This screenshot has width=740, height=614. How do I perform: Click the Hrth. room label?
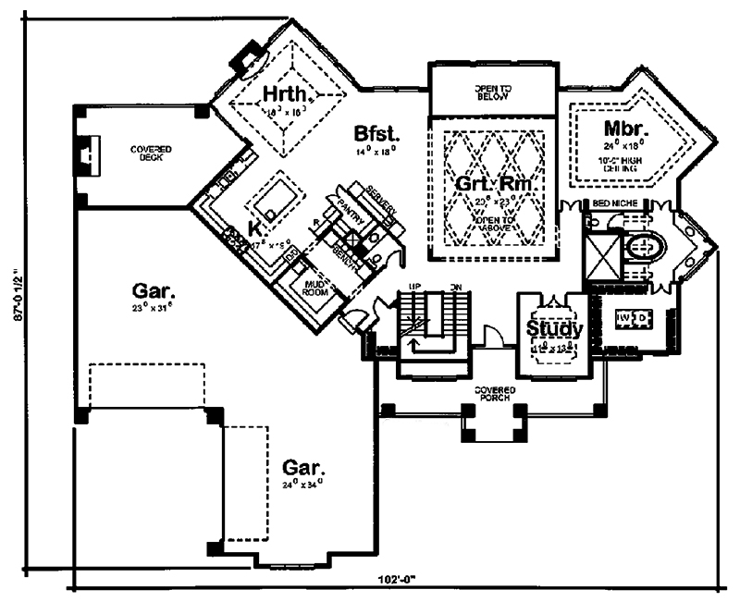[285, 94]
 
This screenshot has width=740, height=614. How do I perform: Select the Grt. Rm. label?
[495, 183]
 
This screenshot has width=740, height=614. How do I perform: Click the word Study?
[554, 328]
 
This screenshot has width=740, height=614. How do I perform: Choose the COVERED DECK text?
[151, 153]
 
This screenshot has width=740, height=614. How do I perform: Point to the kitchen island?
[274, 196]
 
